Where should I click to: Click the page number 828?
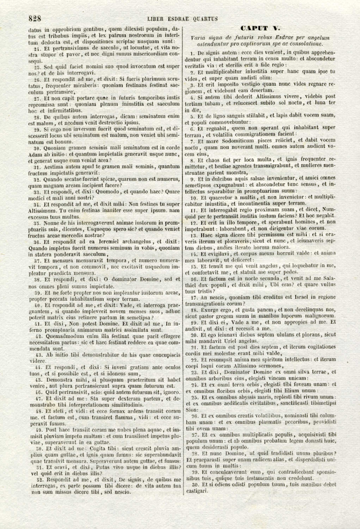(35, 19)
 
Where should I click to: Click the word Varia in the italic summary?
(197, 38)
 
